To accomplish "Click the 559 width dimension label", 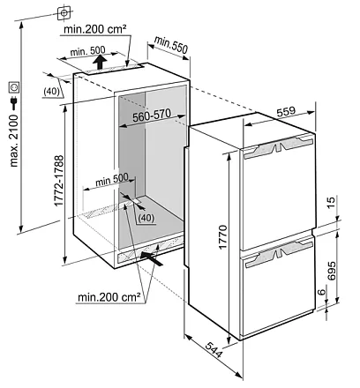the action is click(286, 112).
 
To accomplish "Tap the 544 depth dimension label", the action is click(214, 349).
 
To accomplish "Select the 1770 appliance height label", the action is click(222, 237).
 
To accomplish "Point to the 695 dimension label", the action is click(331, 271).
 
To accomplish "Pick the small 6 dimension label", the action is click(323, 292).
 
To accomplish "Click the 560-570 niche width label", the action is click(152, 116).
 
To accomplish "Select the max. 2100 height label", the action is click(14, 141).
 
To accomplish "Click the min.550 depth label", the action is click(171, 45).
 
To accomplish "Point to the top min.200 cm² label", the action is click(95, 29).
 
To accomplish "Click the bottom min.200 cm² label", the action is click(109, 297).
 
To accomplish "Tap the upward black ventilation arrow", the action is click(101, 63).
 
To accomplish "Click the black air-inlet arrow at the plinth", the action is click(151, 258).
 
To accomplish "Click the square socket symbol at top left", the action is click(64, 13).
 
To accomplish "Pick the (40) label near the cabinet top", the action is click(51, 92).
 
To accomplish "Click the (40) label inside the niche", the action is click(146, 218).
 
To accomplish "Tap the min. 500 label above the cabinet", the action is click(87, 51).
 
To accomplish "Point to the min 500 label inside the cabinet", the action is click(112, 180).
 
